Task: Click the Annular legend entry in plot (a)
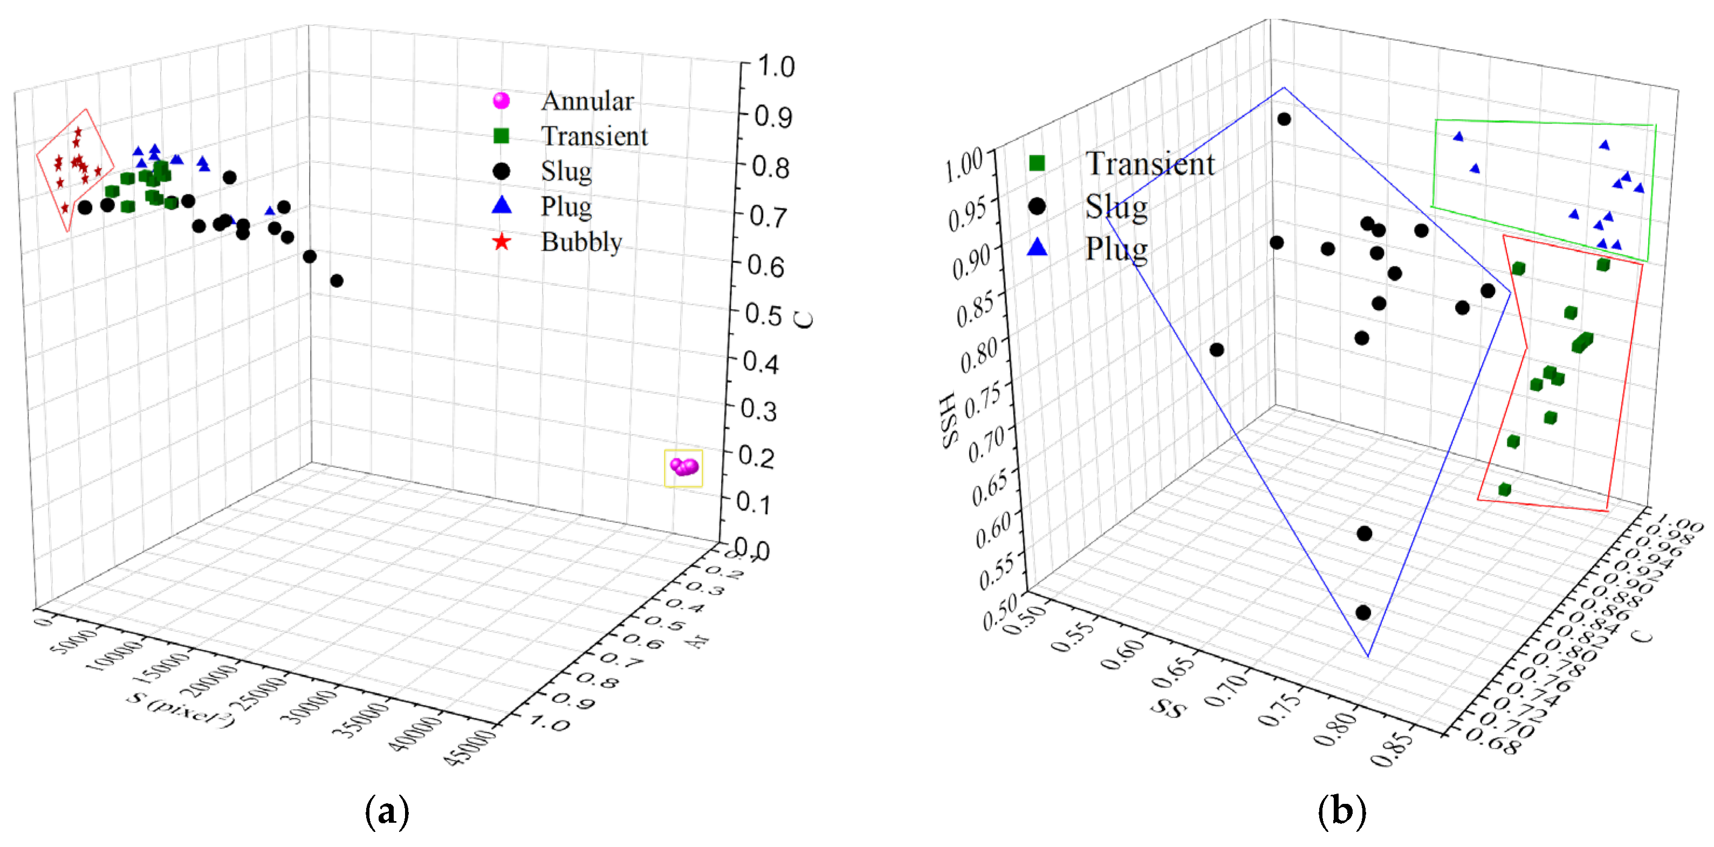(x=587, y=101)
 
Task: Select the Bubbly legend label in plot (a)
(x=581, y=242)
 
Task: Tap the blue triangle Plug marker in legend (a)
(x=501, y=205)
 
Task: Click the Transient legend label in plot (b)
(x=1149, y=164)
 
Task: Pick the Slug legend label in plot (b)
(x=1116, y=206)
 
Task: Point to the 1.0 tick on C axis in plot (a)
(x=775, y=66)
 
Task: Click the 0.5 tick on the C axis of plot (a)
(x=763, y=314)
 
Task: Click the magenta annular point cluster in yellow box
(x=684, y=467)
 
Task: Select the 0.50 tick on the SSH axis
(x=999, y=610)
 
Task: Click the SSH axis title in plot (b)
(x=950, y=419)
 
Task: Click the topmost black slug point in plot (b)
(x=1284, y=119)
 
